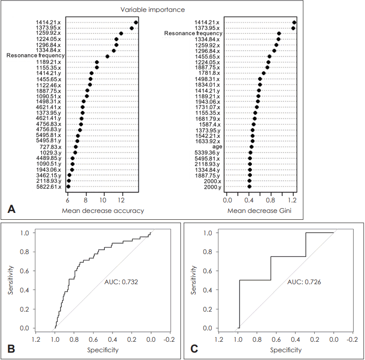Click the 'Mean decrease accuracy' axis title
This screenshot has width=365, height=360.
coord(102,211)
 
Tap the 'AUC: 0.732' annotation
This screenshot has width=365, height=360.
coord(121,283)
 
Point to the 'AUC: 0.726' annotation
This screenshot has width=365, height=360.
coord(305,283)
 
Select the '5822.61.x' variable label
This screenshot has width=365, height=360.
coord(47,187)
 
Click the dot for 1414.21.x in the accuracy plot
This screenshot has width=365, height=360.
coord(136,22)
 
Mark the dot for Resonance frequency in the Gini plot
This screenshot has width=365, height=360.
coord(279,34)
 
